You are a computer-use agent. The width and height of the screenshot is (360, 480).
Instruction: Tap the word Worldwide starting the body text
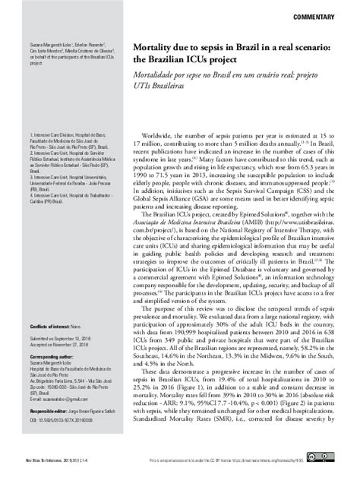click(x=185, y=134)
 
